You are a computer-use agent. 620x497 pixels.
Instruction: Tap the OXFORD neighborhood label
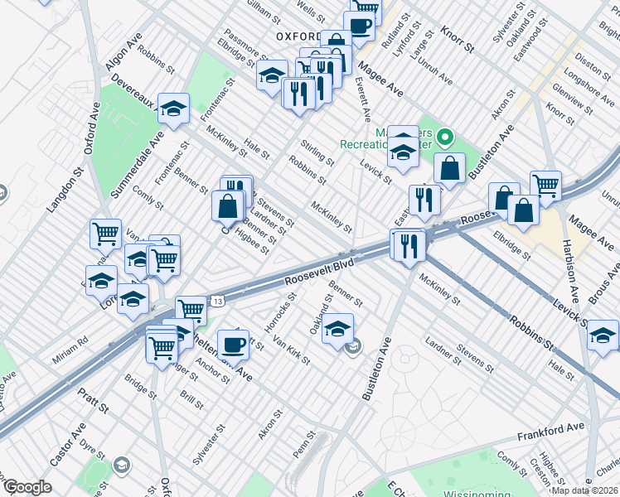pos(298,36)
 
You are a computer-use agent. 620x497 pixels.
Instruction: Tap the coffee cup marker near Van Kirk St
pos(233,344)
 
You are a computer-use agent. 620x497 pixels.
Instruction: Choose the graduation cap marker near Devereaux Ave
pos(174,108)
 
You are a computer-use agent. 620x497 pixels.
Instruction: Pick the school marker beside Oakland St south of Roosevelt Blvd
pos(337,328)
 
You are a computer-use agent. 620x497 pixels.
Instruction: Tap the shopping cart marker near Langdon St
pos(105,234)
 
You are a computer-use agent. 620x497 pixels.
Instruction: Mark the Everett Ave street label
pos(362,97)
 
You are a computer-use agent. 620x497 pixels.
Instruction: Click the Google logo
pos(27,487)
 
